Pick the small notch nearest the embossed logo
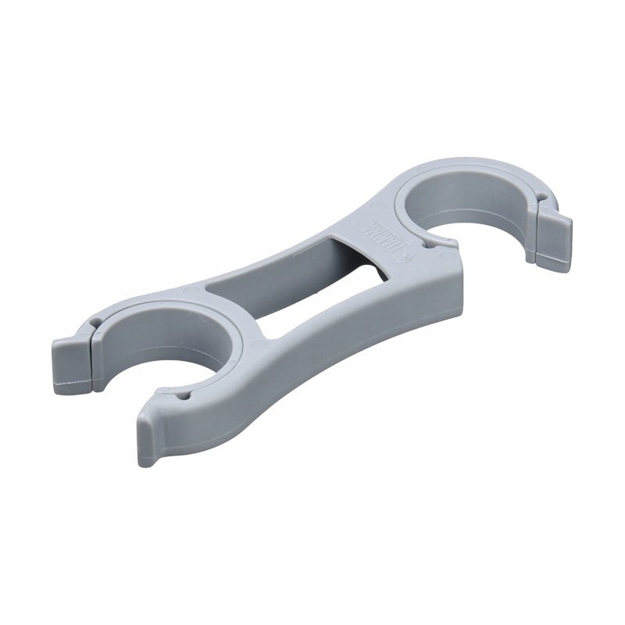pyautogui.click(x=428, y=245)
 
